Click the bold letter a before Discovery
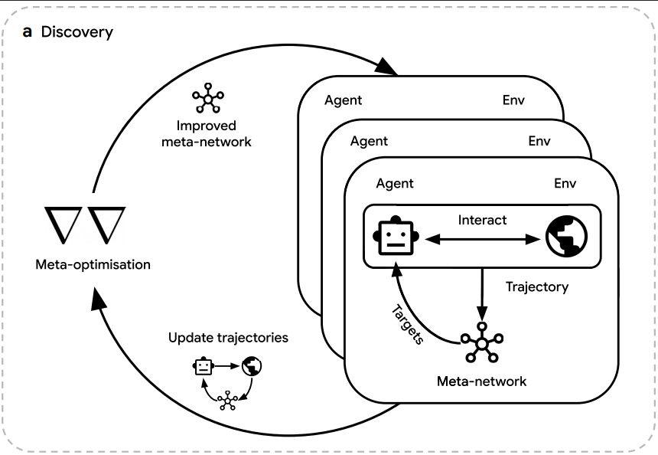(27, 32)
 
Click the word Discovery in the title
(77, 32)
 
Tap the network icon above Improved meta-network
(206, 99)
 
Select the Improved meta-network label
(206, 133)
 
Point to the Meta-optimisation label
(93, 265)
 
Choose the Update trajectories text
(228, 338)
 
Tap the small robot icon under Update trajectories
(202, 367)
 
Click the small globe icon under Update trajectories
(251, 367)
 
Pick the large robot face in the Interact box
(395, 235)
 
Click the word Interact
(482, 220)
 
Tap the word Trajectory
(537, 287)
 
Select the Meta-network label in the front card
(481, 381)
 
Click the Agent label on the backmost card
(343, 100)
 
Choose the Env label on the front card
(565, 184)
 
